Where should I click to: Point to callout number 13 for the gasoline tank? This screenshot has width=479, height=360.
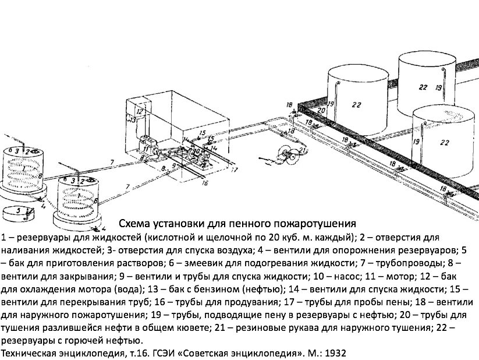click(133, 119)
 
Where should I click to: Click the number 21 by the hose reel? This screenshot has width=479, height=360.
click(303, 152)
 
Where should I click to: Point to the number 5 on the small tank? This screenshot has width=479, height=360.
click(19, 210)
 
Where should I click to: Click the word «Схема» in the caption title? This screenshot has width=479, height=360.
click(134, 224)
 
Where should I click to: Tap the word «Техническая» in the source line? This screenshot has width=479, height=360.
click(29, 353)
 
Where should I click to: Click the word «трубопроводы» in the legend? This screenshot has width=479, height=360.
click(414, 263)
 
